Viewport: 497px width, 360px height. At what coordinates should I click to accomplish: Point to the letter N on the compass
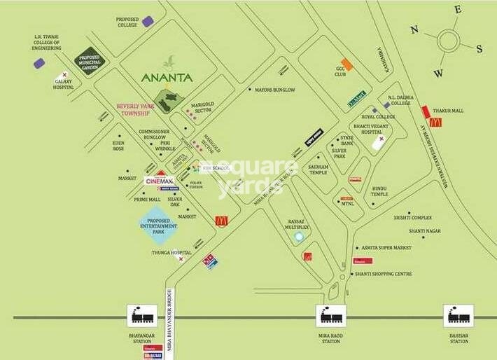414,29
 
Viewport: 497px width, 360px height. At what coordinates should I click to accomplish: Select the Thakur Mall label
448,110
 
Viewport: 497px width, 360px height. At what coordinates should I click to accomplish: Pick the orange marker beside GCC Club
346,64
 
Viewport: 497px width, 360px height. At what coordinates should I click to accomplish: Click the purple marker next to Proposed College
148,22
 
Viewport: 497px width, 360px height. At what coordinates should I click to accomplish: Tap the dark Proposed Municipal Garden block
89,61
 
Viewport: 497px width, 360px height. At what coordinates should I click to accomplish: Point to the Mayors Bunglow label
275,90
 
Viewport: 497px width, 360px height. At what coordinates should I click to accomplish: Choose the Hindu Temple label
379,191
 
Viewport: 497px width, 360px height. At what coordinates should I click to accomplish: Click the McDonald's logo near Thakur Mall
435,122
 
